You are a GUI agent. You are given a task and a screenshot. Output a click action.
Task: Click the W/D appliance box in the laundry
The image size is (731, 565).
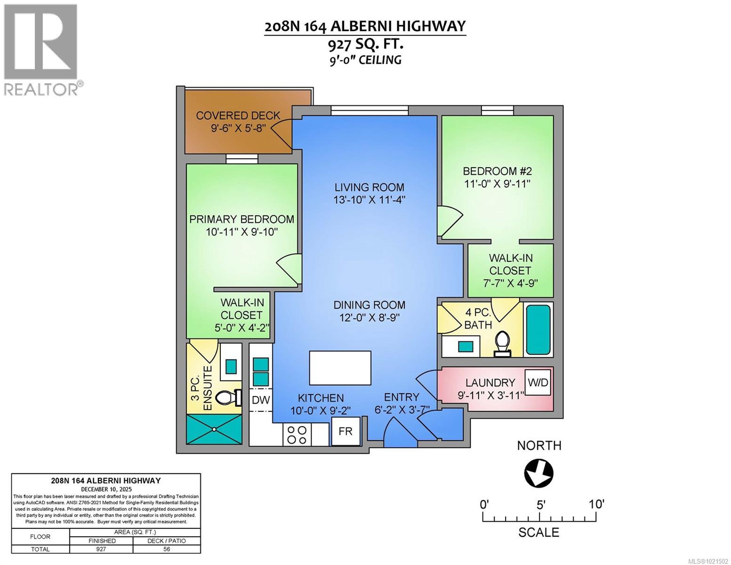[538, 382]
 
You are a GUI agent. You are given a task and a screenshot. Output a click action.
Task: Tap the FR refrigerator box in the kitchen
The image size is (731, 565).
[345, 431]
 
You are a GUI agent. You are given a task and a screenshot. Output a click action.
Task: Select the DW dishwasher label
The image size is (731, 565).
[261, 400]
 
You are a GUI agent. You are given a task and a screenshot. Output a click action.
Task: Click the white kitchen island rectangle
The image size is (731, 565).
[340, 368]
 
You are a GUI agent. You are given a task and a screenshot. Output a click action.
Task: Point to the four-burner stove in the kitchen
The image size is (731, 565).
[297, 435]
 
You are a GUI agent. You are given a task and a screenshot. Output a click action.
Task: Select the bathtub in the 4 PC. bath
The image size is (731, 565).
[538, 330]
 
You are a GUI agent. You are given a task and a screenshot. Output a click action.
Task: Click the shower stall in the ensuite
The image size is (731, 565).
[215, 429]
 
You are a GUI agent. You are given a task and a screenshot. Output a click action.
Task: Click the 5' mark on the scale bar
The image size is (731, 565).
[540, 505]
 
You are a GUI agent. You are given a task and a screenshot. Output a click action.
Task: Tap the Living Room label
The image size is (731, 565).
[370, 187]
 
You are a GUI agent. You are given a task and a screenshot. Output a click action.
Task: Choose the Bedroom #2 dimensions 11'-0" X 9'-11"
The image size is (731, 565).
[497, 184]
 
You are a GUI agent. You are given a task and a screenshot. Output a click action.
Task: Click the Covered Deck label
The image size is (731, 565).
[238, 115]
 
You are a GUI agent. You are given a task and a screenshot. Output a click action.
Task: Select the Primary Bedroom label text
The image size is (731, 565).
[241, 219]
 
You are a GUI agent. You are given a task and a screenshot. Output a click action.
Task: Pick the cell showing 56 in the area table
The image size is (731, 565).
[167, 549]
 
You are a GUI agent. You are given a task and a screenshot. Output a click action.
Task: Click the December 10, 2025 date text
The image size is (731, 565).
[106, 489]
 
